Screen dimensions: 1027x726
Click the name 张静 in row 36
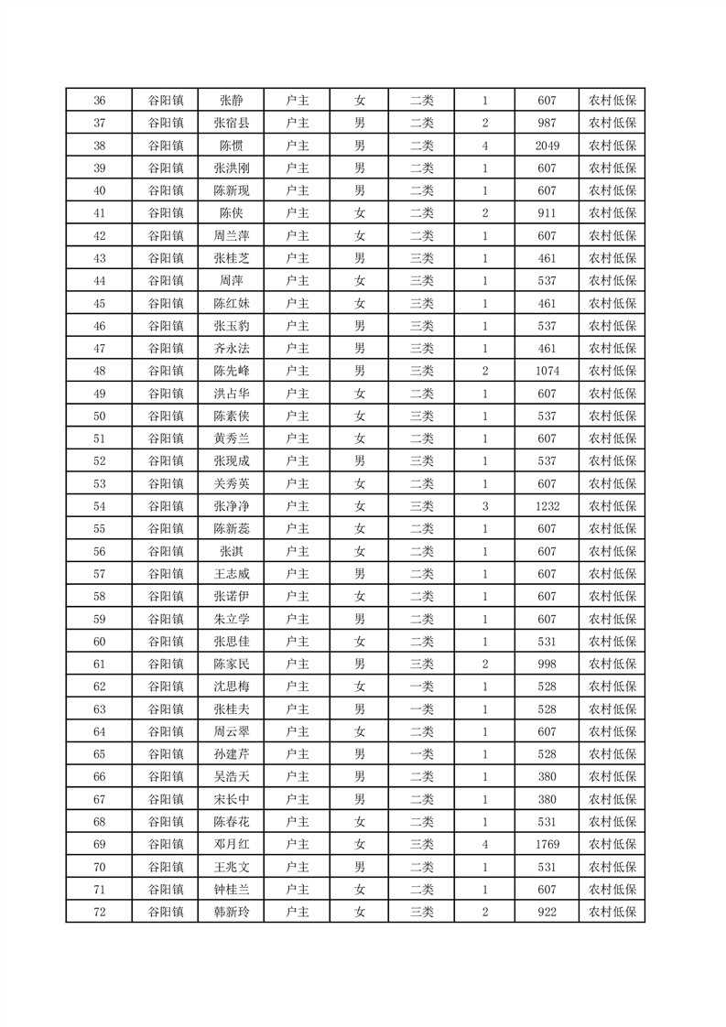(x=231, y=101)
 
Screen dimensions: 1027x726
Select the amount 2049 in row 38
(x=547, y=146)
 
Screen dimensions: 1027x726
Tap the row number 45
(x=100, y=304)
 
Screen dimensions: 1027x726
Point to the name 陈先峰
(x=231, y=371)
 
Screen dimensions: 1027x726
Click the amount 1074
(x=547, y=371)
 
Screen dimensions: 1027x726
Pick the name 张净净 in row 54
(x=231, y=506)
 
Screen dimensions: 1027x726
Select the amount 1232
(x=547, y=506)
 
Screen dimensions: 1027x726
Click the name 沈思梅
(x=231, y=686)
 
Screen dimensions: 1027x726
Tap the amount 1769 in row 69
(x=547, y=844)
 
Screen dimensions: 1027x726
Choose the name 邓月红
(x=231, y=844)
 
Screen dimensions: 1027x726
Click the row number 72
(x=100, y=912)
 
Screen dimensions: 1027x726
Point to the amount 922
(x=547, y=912)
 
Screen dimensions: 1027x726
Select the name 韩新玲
(x=231, y=912)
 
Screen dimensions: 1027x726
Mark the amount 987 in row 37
(x=547, y=124)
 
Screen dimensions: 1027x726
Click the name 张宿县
(x=231, y=124)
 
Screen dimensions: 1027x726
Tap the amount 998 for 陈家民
(x=547, y=664)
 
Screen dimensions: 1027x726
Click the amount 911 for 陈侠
(x=547, y=213)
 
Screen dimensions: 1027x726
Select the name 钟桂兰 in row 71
(x=231, y=889)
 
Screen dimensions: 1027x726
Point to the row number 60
(x=100, y=642)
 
